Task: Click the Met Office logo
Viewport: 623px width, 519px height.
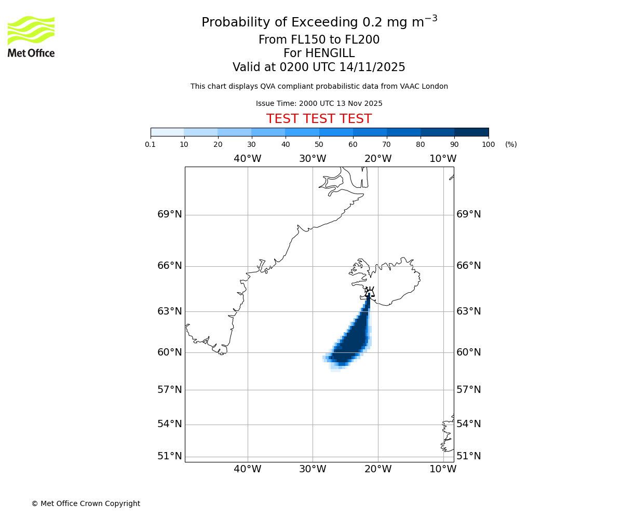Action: (x=31, y=36)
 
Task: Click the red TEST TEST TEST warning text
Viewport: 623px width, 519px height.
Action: (x=319, y=119)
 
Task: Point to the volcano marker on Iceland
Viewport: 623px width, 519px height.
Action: (x=369, y=292)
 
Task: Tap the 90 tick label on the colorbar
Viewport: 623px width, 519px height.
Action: (x=454, y=145)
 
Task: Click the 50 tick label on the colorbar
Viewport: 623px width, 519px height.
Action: (x=319, y=145)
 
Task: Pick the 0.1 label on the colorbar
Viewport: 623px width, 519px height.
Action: (x=151, y=145)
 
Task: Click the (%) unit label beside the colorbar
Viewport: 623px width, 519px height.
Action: (x=511, y=145)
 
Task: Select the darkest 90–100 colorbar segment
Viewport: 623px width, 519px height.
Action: (x=471, y=132)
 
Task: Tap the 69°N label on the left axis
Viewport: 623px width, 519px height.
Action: (x=170, y=214)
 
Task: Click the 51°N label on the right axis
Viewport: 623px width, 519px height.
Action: (x=468, y=456)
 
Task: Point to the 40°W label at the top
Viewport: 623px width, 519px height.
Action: (x=247, y=159)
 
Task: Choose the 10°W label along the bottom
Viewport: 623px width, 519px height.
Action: (x=443, y=469)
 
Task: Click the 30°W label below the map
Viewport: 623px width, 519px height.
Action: (x=313, y=469)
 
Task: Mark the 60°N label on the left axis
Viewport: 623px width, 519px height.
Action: (x=170, y=352)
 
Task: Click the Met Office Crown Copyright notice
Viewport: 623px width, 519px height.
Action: (x=86, y=503)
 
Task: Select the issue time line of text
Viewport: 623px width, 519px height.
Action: (x=319, y=104)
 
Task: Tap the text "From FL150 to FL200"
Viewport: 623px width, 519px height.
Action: (x=319, y=40)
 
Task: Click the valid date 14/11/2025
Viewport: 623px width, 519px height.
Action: (x=372, y=67)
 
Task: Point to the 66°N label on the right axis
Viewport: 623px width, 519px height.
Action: (x=468, y=266)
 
